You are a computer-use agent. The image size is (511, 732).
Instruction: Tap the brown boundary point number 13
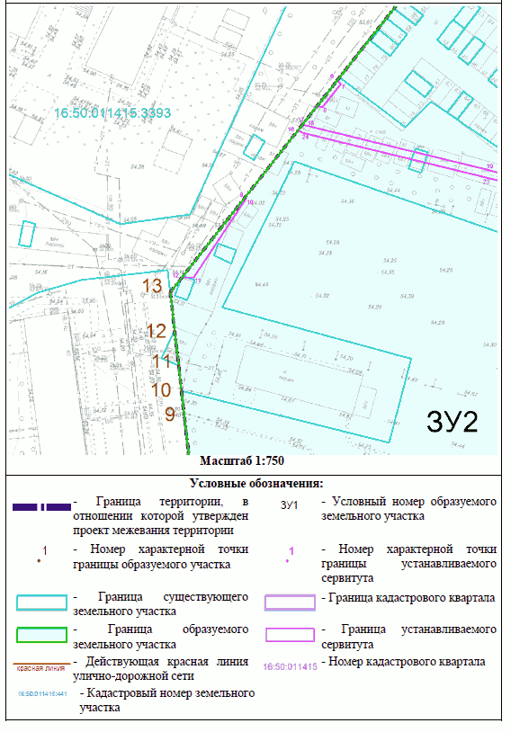point(154,286)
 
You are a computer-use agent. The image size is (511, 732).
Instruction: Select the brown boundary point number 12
point(157,331)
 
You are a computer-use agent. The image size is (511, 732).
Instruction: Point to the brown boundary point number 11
point(161,362)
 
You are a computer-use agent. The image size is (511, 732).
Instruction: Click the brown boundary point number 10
point(161,389)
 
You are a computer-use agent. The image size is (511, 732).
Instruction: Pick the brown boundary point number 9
point(169,415)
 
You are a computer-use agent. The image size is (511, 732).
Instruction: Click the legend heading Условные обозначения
point(256,484)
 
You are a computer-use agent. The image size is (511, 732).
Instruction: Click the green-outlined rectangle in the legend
point(41,635)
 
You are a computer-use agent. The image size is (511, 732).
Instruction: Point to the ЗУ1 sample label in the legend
point(290,505)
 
